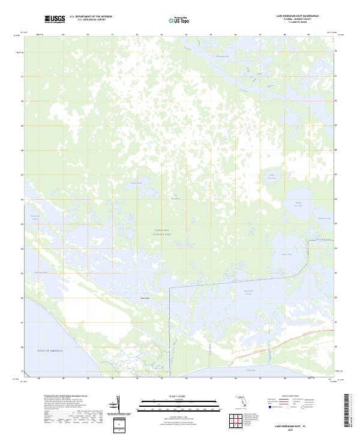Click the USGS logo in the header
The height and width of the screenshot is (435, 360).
click(x=55, y=19)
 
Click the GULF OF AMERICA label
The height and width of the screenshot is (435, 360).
click(x=50, y=349)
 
